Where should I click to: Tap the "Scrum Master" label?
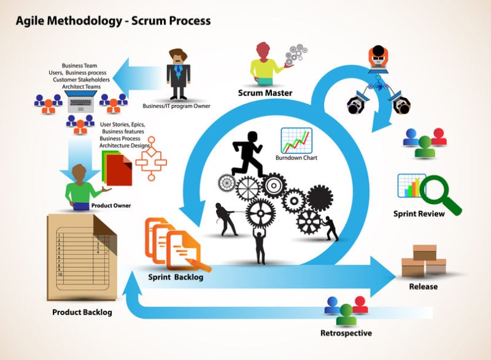click(x=265, y=93)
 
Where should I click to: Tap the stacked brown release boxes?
click(x=423, y=261)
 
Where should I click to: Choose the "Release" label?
click(x=423, y=286)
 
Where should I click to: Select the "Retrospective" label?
click(x=346, y=334)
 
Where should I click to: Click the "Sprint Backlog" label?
click(x=176, y=277)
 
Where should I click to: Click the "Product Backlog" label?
click(x=82, y=312)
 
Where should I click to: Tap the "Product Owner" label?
click(x=111, y=205)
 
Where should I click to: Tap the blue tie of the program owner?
click(x=178, y=71)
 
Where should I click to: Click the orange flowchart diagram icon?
click(x=150, y=157)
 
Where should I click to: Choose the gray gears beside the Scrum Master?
click(x=296, y=56)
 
